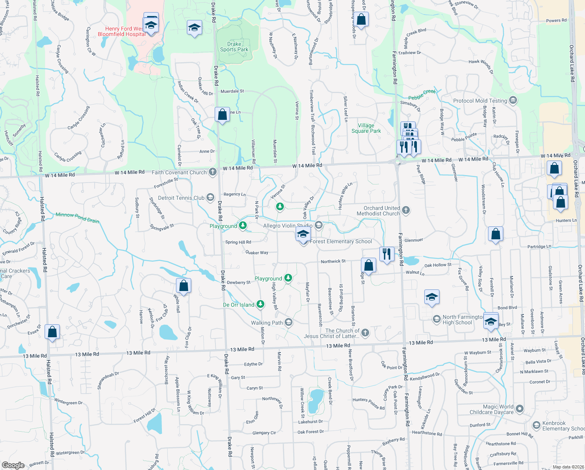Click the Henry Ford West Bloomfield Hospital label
tap(121, 31)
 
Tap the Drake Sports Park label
tap(234, 47)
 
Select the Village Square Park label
tap(366, 128)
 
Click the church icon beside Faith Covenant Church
tap(213, 172)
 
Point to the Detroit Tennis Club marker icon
tap(210, 197)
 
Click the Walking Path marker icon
tap(289, 322)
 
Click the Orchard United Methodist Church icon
tap(406, 210)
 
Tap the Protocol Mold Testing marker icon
tap(513, 101)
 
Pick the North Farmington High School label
tap(463, 320)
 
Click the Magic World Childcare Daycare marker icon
tap(520, 409)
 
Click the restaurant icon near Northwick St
tap(386, 254)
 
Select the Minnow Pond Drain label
tap(77, 217)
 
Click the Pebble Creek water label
tap(422, 94)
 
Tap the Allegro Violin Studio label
tap(288, 226)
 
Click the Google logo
tap(13, 465)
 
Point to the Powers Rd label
tap(556, 20)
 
